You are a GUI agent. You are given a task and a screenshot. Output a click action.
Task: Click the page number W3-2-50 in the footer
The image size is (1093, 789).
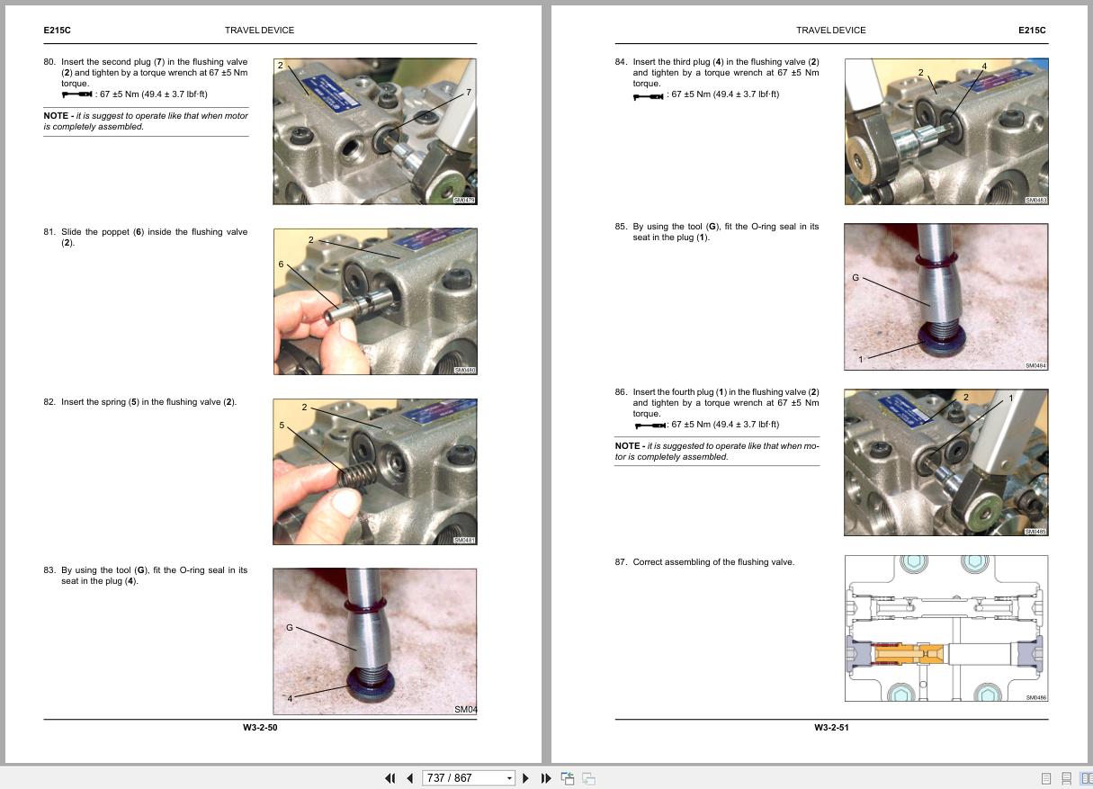pos(260,727)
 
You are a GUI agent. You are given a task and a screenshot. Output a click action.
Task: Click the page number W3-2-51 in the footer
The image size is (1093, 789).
pos(831,727)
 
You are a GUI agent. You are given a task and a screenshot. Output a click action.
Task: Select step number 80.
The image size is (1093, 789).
pos(49,62)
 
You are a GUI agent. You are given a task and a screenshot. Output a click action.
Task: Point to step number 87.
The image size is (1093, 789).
pos(621,562)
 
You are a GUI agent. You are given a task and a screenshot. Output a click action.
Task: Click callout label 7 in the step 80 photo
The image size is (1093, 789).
pos(469,93)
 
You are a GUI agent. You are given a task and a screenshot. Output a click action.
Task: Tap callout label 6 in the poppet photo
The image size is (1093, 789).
pos(281,264)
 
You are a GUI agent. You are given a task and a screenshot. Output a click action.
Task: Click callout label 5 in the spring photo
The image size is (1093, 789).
pos(282,426)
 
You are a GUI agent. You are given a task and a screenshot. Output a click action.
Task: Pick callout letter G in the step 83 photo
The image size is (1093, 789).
pos(290,627)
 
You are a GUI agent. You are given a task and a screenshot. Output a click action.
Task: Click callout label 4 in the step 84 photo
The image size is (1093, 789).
pos(984,67)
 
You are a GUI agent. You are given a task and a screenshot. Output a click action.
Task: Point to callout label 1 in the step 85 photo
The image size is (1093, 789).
pos(861,359)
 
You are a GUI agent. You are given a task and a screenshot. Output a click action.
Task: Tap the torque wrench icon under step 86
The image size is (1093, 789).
pos(650,425)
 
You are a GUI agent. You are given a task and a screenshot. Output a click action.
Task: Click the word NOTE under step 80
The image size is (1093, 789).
pos(56,116)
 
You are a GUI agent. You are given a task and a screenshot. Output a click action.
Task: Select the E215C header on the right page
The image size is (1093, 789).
pos(1032,31)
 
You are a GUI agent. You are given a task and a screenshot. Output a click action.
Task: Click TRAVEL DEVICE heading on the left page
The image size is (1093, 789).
pos(259,31)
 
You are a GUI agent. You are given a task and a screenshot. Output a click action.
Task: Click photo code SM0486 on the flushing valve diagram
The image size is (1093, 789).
pos(1035,697)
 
